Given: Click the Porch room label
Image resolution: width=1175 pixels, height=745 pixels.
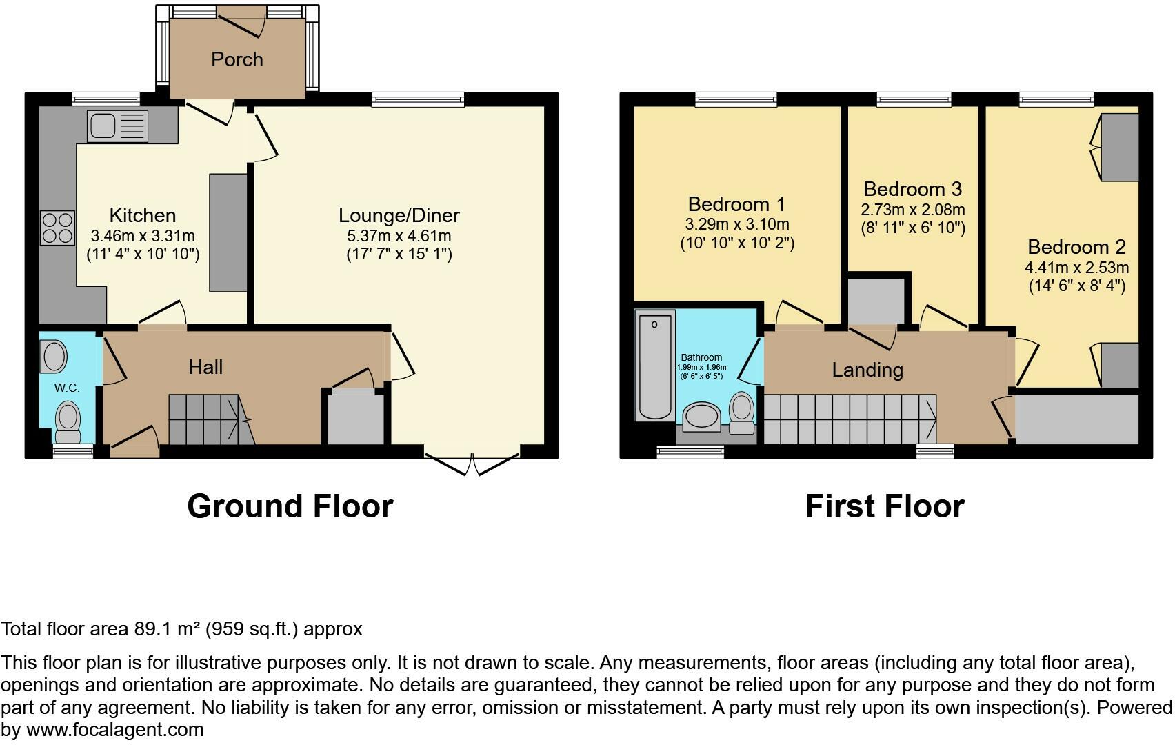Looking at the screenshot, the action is tap(237, 59).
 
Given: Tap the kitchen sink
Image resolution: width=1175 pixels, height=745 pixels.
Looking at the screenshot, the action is tap(117, 127).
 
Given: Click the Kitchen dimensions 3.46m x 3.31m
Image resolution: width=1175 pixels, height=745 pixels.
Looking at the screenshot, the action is tap(143, 235).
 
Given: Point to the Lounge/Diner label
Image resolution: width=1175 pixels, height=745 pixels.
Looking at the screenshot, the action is tap(399, 215).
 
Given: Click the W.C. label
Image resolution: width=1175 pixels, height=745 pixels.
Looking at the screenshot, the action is tap(67, 388).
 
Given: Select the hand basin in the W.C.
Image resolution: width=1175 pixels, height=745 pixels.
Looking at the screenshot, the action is tap(54, 356).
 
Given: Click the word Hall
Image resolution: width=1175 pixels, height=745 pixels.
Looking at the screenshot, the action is tap(205, 366).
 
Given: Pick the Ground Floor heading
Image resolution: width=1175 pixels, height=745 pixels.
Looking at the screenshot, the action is tap(290, 506).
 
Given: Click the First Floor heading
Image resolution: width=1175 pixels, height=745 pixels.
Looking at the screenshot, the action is tap(884, 506).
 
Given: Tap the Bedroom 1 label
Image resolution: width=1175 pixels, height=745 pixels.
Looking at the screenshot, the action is tap(736, 204).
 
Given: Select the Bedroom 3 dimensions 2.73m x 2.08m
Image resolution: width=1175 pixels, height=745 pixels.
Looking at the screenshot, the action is tap(913, 209).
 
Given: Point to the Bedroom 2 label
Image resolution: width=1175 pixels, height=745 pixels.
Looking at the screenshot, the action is tap(1076, 247).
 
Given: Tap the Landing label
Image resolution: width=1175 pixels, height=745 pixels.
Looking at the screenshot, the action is tap(867, 370).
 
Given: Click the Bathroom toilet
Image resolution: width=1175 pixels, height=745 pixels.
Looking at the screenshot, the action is tap(742, 411).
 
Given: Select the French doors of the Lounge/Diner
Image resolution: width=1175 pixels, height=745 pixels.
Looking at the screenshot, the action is tap(472, 463).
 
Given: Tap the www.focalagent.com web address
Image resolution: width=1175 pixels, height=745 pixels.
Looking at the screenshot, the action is tap(114, 730).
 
